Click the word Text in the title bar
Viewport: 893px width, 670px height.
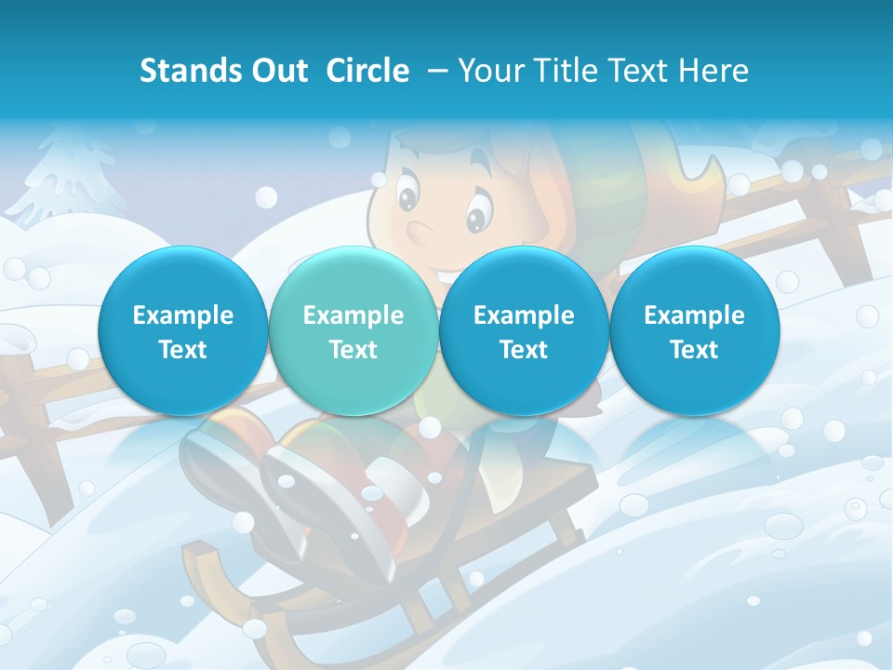642,71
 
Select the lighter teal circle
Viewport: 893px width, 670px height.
353,331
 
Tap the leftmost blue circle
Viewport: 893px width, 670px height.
182,331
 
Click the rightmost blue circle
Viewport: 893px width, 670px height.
694,331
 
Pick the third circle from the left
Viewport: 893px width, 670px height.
524,331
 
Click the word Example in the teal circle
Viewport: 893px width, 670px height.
353,315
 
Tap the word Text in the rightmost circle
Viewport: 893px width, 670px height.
694,350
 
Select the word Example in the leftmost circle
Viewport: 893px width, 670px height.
182,315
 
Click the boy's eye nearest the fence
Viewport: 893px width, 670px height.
477,215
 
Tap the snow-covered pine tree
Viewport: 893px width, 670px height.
70,177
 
